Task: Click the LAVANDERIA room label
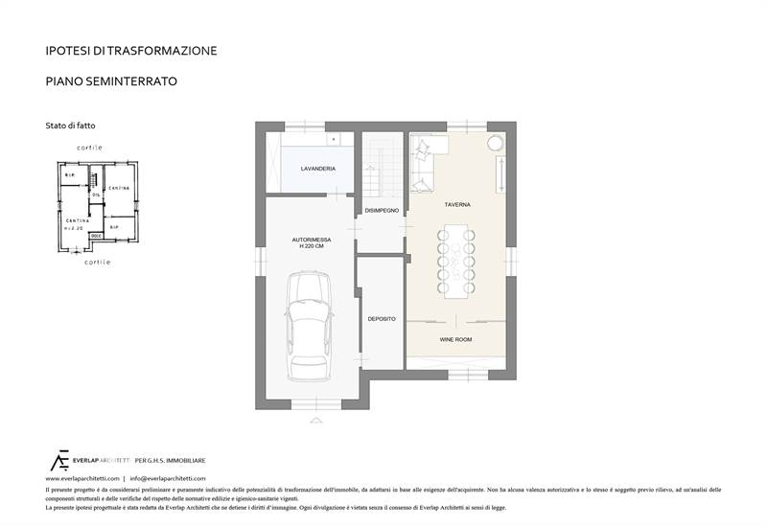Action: [317, 169]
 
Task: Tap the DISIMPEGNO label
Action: [382, 210]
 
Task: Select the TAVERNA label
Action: [456, 205]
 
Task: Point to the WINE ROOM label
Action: [455, 339]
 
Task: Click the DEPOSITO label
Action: [381, 318]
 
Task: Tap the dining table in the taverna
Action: [458, 261]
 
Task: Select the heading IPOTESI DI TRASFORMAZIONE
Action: [131, 50]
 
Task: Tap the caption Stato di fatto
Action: [70, 126]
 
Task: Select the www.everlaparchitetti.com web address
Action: [82, 477]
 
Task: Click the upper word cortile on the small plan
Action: [89, 147]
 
